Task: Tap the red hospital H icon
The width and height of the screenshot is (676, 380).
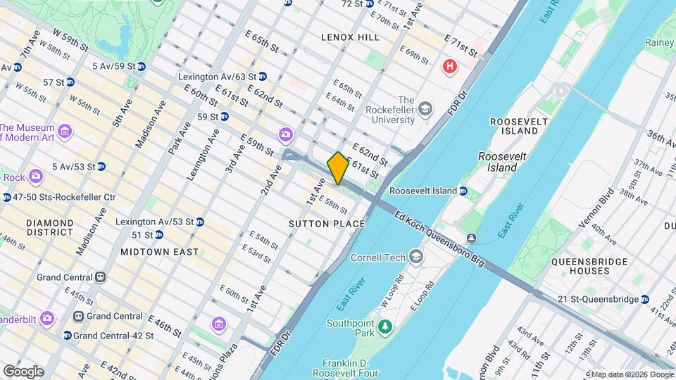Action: click(x=449, y=67)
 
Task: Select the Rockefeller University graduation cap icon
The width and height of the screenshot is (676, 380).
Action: click(x=425, y=109)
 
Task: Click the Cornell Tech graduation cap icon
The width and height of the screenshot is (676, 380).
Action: click(x=415, y=257)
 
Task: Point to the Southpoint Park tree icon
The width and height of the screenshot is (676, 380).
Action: click(x=384, y=327)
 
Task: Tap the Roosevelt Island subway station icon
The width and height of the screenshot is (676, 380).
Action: click(x=463, y=191)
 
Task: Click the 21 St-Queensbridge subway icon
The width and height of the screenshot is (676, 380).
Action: click(x=644, y=299)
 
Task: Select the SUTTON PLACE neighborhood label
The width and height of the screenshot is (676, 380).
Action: click(x=327, y=224)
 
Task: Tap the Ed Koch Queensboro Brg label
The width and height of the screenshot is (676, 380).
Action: click(x=439, y=239)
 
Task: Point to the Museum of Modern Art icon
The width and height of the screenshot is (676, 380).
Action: click(x=65, y=131)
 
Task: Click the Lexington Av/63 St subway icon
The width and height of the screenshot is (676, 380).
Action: click(x=262, y=76)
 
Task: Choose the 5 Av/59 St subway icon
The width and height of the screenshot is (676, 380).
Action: click(x=141, y=66)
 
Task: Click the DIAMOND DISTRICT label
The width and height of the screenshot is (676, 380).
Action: click(x=49, y=227)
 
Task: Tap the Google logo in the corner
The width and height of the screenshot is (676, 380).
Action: click(x=23, y=371)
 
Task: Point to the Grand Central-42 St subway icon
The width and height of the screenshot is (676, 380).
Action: click(x=67, y=336)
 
